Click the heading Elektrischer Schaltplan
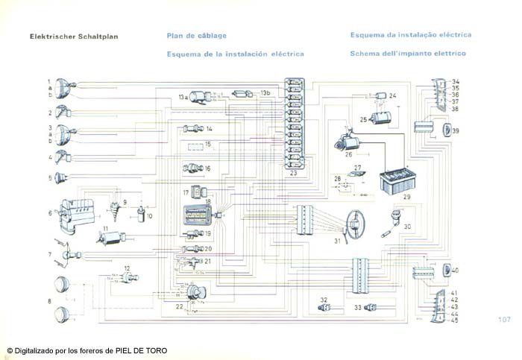(74, 36)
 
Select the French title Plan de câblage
(197, 36)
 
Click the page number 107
(503, 319)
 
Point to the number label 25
(364, 119)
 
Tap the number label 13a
(183, 98)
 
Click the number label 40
(455, 270)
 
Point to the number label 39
(455, 131)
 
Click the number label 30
(407, 227)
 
